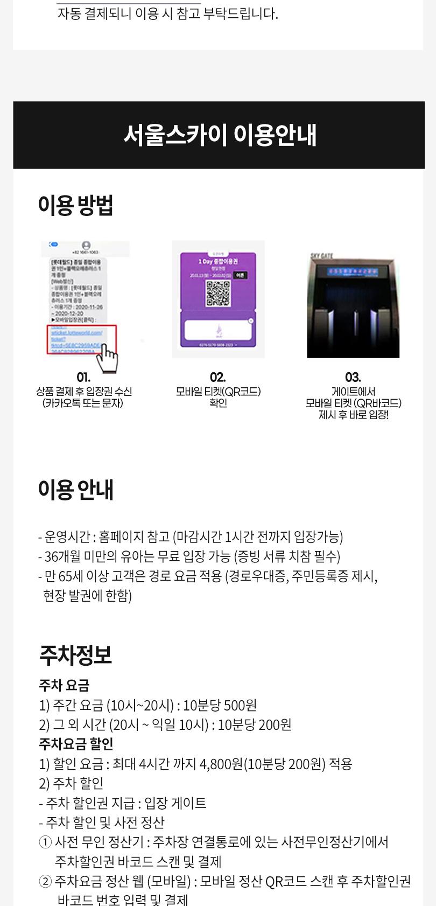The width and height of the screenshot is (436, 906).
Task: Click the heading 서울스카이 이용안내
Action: click(x=220, y=135)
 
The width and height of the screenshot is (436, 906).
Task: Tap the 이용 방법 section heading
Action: click(x=75, y=205)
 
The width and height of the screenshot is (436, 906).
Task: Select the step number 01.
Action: click(x=83, y=377)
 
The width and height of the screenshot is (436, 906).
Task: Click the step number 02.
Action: click(x=218, y=377)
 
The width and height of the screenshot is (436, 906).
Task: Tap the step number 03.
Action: click(x=353, y=377)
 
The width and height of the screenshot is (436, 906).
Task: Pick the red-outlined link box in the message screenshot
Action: click(x=82, y=339)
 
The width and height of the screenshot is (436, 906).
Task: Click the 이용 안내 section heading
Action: click(x=75, y=490)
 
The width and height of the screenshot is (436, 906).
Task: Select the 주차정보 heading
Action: click(x=75, y=655)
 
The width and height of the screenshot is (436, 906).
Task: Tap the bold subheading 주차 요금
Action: click(x=64, y=685)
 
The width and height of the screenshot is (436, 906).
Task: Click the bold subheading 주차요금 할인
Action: click(x=76, y=744)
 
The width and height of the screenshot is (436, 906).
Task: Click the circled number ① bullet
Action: click(x=46, y=842)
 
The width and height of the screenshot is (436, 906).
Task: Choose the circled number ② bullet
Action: click(x=46, y=881)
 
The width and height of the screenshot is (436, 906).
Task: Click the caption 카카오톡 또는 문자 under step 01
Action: click(x=83, y=403)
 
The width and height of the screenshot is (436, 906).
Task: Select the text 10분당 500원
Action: click(x=220, y=705)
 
